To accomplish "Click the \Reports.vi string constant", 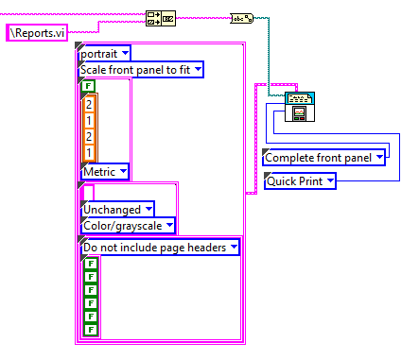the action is coord(37,33).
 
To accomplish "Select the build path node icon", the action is coord(161,19).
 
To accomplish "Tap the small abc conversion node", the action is coord(242,19).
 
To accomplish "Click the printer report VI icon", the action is coord(300,107).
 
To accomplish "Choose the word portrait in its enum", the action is coord(98,54).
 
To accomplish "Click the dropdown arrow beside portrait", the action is coord(125,53).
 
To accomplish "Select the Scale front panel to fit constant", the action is coord(141,70).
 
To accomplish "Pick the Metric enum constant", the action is coord(105,172).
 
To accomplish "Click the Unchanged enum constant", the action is coord(117,210).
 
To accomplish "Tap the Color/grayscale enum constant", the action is coord(128,226).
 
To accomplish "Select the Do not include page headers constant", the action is coord(160,248).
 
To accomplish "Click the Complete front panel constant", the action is coord(324,158).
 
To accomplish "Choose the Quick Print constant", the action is coord(300,181).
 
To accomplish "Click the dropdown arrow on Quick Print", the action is coord(330,180).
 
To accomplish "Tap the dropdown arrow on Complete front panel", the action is coord(379,157).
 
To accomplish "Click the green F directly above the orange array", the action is coord(88,86).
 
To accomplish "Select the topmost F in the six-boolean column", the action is coord(91,264).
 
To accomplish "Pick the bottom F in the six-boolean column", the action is coord(91,330).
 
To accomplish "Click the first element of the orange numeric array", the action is coord(89,104).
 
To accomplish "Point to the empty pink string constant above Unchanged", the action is coord(87,192).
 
